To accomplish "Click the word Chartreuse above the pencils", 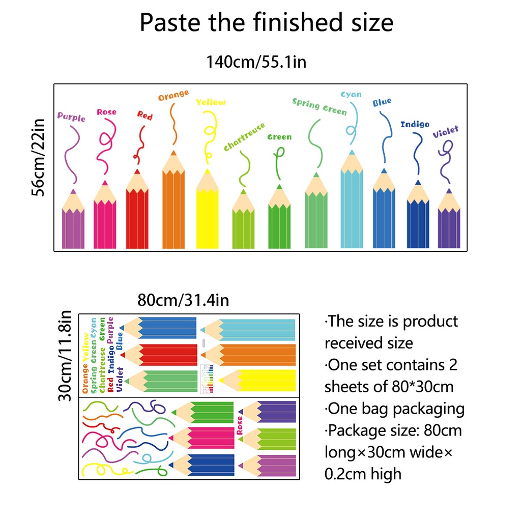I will [245, 136].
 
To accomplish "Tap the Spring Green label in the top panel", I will [319, 106].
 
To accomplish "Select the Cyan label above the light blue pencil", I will [351, 95].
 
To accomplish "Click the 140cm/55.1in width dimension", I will [255, 62].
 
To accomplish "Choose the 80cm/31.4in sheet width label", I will [183, 300].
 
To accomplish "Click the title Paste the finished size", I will [267, 23].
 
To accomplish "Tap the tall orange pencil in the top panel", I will [173, 204].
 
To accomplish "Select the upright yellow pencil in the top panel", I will [207, 214].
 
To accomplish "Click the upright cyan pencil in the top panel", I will [352, 204].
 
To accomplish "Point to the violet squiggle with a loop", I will [446, 158].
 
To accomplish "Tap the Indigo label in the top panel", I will [415, 124].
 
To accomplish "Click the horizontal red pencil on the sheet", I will [162, 355].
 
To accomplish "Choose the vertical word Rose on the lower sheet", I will [240, 425].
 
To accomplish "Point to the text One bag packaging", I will [395, 409].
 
